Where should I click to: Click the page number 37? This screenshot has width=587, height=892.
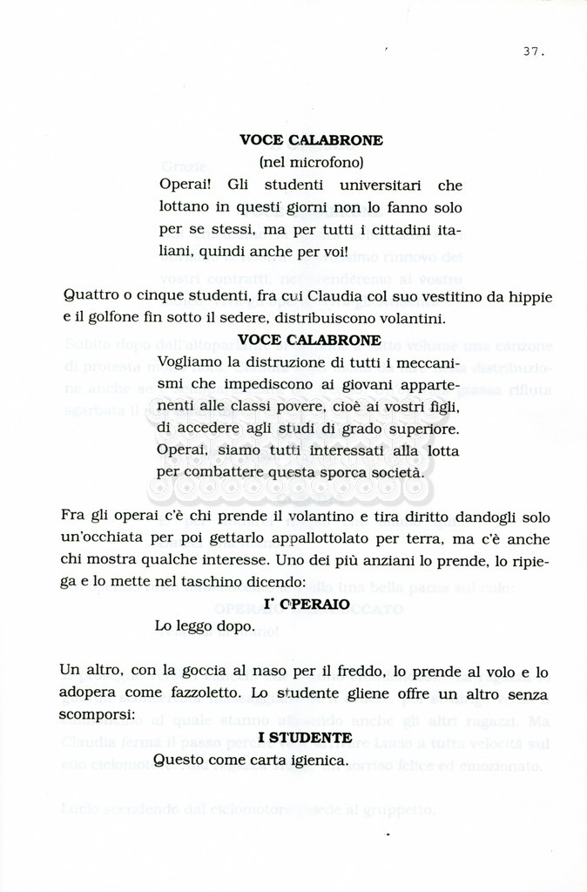(534, 51)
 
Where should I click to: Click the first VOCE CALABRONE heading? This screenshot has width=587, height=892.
(311, 139)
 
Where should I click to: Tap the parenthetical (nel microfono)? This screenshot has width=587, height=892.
(311, 162)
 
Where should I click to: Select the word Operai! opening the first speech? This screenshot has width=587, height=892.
(185, 185)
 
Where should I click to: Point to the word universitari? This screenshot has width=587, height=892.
(381, 185)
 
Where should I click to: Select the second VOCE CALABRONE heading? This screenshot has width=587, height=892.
(309, 340)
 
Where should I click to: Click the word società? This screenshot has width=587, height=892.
(399, 473)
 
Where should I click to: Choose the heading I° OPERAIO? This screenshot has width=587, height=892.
(307, 604)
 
